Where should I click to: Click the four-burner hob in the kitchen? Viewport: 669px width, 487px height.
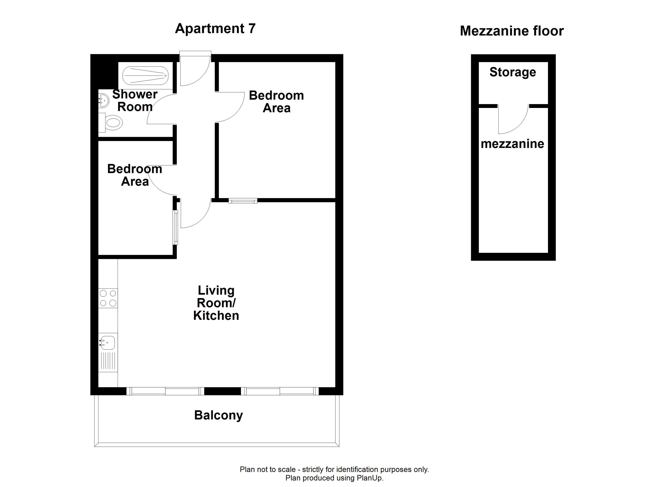point(108,298)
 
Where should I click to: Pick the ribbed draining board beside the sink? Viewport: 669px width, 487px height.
point(108,361)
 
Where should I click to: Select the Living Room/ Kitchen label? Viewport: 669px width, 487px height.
point(216,303)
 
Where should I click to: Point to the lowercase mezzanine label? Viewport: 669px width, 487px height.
point(512,144)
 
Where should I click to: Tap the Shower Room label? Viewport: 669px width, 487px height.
point(135,100)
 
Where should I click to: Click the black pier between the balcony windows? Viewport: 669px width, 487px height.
point(222,391)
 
